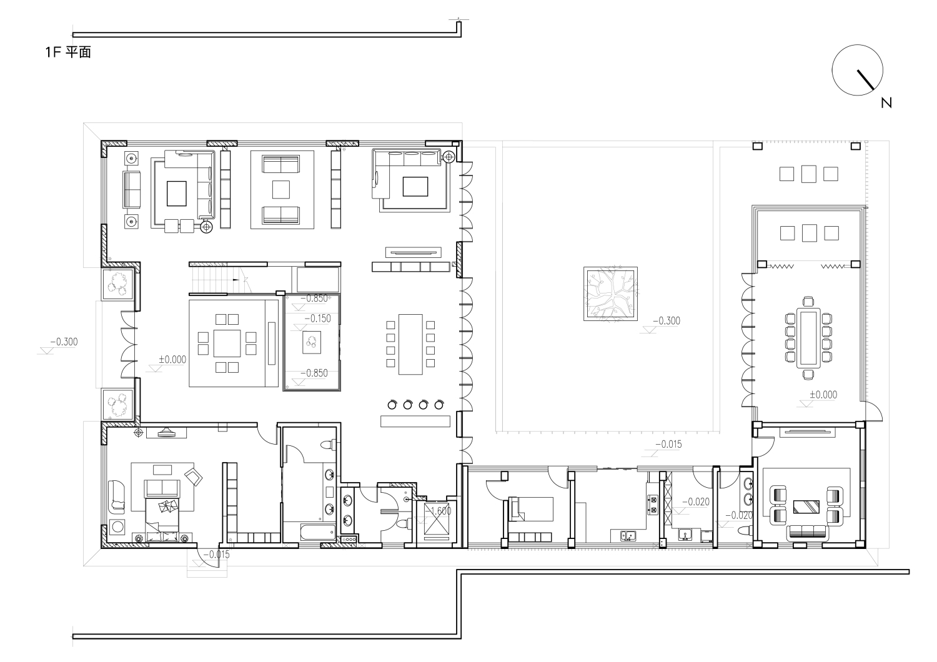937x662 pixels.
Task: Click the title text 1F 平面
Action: point(68,52)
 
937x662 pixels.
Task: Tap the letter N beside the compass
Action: point(886,103)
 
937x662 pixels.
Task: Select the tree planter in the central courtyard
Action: point(610,294)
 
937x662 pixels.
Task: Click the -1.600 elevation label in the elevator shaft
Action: point(440,511)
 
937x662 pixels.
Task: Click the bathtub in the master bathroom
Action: point(318,532)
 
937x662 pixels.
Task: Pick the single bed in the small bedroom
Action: point(531,509)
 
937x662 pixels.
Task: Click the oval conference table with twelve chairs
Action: point(808,338)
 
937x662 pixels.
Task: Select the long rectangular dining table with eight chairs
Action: point(410,344)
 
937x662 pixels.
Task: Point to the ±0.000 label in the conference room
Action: point(823,394)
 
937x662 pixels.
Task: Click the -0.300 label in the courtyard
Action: point(669,321)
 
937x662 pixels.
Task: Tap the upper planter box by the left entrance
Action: point(118,283)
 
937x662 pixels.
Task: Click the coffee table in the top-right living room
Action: point(415,187)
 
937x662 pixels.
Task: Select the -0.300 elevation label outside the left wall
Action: point(64,342)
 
